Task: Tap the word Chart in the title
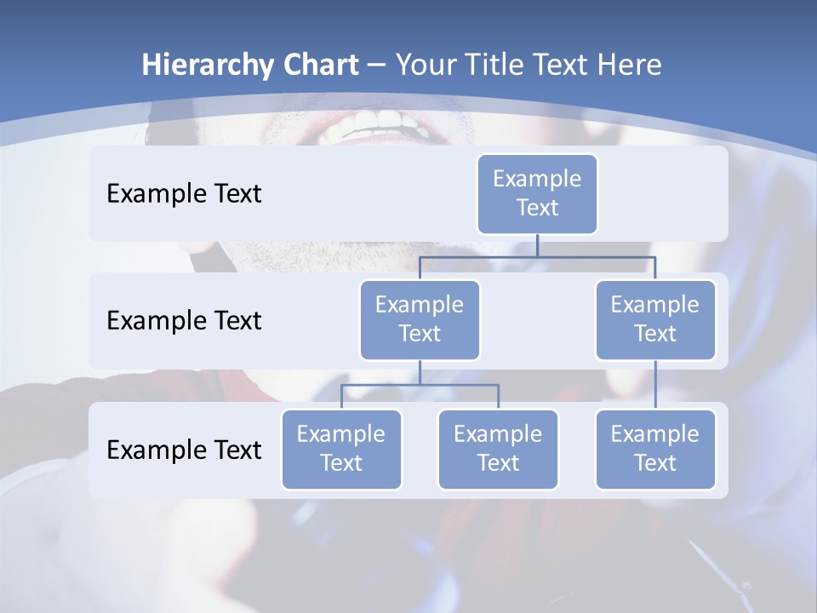coord(317,65)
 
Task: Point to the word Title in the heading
coord(500,65)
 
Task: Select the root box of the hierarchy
coord(537,193)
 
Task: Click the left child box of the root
coord(420,319)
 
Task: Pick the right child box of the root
coord(655,319)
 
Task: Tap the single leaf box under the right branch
coord(655,449)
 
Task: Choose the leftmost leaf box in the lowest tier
coord(341,449)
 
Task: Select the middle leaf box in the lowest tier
coord(498,449)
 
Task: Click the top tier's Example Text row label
coord(184,194)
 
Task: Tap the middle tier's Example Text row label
coord(184,321)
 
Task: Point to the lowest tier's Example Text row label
coord(184,450)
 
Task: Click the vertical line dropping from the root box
coord(537,245)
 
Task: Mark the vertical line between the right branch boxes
coord(655,385)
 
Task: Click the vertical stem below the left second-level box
coord(420,372)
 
